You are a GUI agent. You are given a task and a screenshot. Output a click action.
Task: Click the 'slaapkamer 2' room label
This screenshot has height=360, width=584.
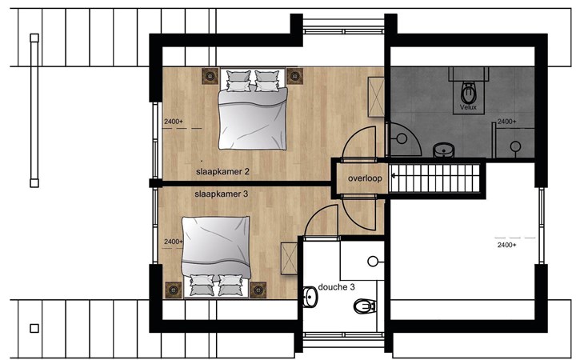click(x=222, y=172)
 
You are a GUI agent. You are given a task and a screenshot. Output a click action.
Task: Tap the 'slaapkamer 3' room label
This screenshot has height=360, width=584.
click(x=221, y=194)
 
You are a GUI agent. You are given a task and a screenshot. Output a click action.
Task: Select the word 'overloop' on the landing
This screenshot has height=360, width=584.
click(x=365, y=178)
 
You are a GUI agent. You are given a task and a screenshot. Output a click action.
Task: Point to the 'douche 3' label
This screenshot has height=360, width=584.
click(x=336, y=287)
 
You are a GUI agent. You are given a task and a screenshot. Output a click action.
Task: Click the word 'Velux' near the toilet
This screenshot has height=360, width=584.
click(x=468, y=107)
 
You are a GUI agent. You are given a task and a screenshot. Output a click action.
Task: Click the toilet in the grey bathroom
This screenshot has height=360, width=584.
click(x=468, y=93)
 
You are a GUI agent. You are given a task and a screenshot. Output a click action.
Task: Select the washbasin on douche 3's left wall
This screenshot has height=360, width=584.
click(x=310, y=297)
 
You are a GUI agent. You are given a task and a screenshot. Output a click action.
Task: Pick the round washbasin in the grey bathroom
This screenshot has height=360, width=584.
click(x=443, y=150)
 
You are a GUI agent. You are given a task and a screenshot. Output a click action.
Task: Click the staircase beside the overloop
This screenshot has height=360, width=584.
click(x=434, y=178)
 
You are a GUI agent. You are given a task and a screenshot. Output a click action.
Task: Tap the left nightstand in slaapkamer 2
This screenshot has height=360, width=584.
click(x=210, y=76)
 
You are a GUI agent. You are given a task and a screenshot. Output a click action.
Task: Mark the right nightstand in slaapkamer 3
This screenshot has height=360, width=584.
click(x=258, y=290)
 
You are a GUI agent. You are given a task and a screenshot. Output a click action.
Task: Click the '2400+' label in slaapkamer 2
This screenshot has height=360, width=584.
click(x=174, y=122)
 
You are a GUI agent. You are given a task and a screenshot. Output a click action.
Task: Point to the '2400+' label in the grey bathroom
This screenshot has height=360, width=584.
click(x=507, y=122)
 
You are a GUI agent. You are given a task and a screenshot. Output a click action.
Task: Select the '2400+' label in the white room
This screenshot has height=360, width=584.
click(x=507, y=245)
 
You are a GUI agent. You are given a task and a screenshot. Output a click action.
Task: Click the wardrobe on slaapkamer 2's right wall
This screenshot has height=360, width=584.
click(x=376, y=97)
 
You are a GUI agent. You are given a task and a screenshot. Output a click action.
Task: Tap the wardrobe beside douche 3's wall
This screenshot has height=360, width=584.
click(x=289, y=258)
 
